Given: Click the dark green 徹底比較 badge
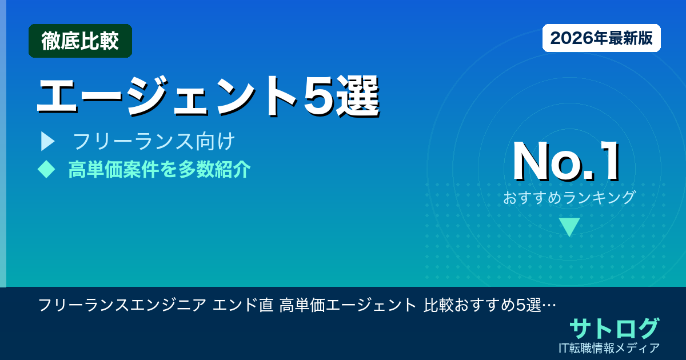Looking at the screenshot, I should (80, 41).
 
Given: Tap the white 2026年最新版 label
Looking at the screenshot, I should (601, 38).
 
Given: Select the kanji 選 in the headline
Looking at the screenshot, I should (358, 95).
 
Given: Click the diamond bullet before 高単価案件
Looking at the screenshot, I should (46, 169).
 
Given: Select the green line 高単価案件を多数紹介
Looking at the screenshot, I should (159, 169).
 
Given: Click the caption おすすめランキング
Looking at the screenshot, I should (569, 198).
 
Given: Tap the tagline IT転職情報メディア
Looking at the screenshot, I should (610, 347).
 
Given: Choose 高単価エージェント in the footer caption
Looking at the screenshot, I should (348, 305).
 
